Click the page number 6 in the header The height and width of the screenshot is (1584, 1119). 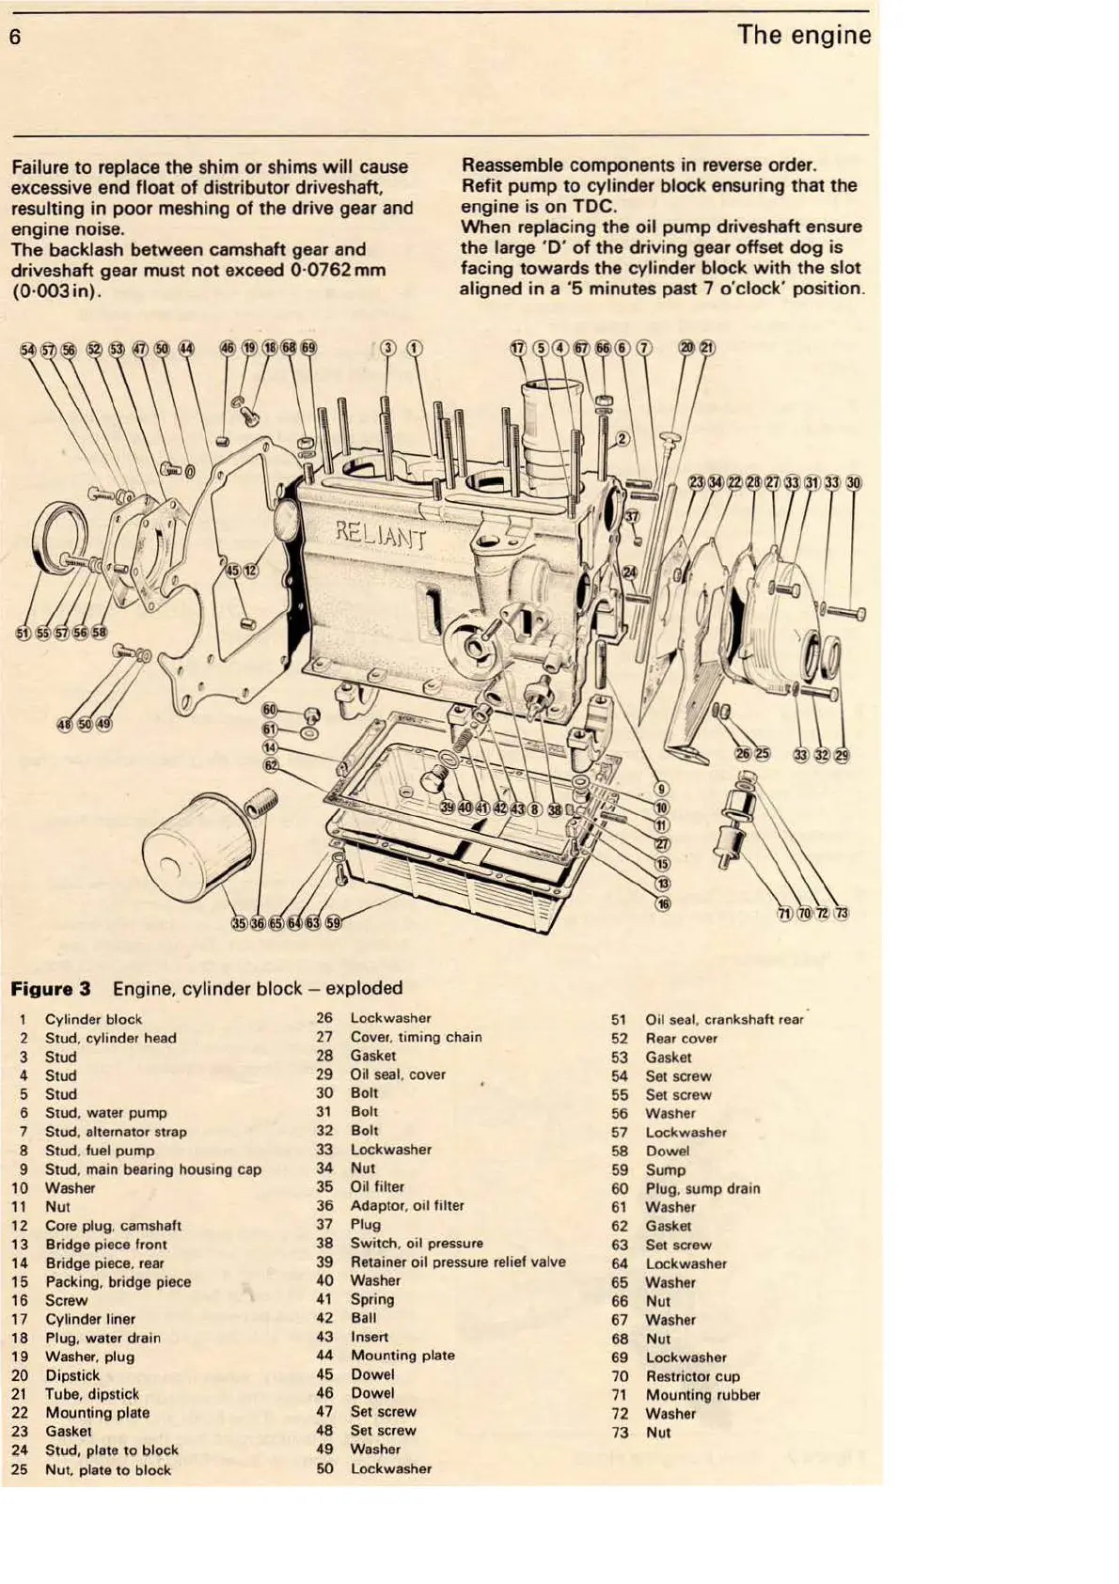click(15, 38)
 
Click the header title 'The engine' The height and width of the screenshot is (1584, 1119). click(804, 36)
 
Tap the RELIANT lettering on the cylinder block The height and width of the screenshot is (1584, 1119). click(381, 535)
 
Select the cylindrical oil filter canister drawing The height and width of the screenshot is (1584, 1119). click(198, 851)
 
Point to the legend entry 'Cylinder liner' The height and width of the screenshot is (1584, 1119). click(90, 1319)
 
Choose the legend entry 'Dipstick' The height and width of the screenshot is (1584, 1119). click(72, 1375)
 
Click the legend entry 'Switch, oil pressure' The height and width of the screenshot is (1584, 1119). click(417, 1243)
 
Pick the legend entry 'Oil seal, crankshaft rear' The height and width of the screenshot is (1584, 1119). click(724, 1019)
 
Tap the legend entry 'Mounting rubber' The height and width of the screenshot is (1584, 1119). click(702, 1395)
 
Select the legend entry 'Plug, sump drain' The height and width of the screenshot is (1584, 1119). click(702, 1188)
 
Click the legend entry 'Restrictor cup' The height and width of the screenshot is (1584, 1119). click(692, 1376)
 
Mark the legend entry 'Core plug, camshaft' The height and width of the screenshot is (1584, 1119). click(113, 1226)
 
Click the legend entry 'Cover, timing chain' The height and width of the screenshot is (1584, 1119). click(416, 1037)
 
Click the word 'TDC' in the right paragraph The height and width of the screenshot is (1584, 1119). click(594, 207)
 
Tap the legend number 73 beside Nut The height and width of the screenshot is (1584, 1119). click(620, 1433)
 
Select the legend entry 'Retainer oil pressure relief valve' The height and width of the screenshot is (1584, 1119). click(458, 1262)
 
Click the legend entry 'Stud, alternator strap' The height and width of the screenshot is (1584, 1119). click(116, 1132)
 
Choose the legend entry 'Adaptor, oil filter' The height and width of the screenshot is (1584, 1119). click(407, 1205)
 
